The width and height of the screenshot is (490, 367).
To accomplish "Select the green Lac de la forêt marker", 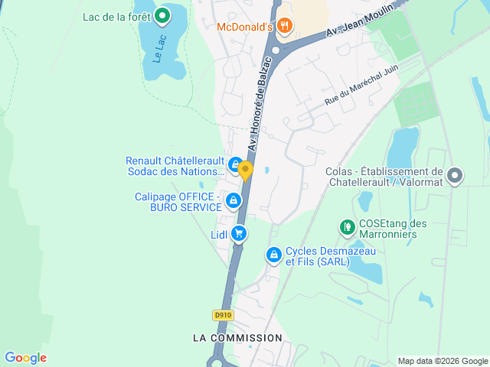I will (162, 15).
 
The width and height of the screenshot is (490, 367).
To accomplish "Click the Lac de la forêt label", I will (116, 16).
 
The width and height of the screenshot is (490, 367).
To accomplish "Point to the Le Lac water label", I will (158, 50).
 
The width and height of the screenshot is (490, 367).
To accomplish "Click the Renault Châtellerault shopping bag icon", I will (235, 163).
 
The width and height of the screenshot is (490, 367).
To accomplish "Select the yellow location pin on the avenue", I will (246, 170).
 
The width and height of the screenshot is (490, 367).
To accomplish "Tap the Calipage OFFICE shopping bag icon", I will (233, 201).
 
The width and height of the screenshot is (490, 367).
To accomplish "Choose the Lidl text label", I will (219, 235).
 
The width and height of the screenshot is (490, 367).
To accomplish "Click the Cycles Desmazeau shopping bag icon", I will (273, 255).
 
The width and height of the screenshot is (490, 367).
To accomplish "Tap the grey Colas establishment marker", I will (455, 177).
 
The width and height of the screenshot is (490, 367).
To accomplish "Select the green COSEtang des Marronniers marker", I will (346, 227).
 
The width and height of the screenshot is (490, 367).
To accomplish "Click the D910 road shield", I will (222, 314).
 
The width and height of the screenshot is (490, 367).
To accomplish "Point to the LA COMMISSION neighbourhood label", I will (237, 337).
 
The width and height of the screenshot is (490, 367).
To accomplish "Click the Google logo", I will (25, 358).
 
